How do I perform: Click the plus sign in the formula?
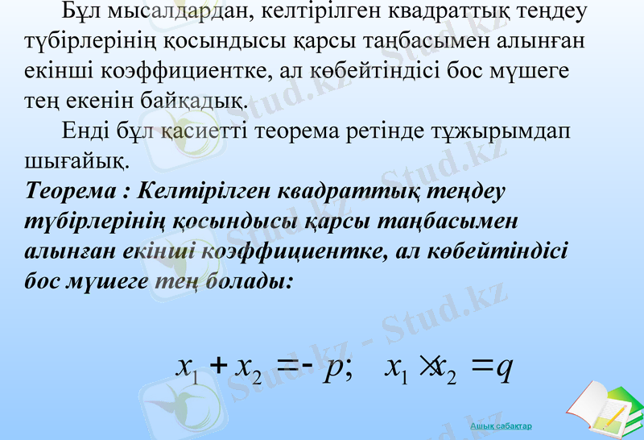216,367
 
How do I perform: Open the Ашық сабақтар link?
501,425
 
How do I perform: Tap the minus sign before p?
311,367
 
